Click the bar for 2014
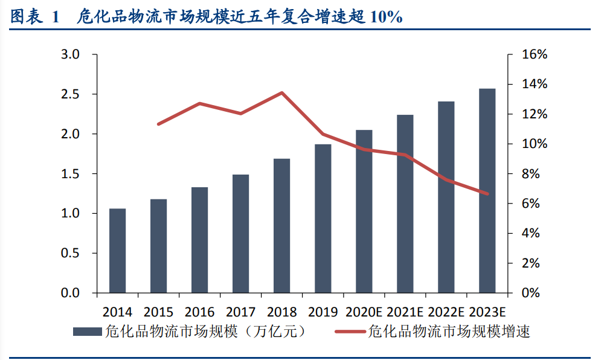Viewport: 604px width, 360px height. pos(117,251)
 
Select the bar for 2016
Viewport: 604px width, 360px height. pos(199,240)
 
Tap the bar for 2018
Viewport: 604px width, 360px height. pos(281,226)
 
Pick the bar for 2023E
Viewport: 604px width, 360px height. pos(487,191)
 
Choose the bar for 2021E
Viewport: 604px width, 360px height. pos(405,204)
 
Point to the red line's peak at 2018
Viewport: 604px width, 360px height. pos(281,93)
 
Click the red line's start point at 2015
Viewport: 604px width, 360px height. pos(158,124)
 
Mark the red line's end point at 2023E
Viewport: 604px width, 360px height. pos(487,194)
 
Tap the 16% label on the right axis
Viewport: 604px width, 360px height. pos(535,55)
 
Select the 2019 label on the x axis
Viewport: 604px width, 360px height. pos(323,312)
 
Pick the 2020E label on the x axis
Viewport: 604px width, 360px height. pos(364,312)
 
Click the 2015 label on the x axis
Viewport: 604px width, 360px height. pos(158,312)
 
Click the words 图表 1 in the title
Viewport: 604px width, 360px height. pos(35,18)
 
